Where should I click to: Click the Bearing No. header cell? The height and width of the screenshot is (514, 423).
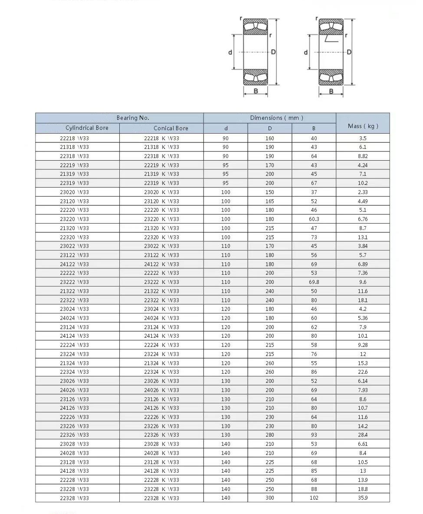point(133,118)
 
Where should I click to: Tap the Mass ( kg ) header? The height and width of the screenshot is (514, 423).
point(363,126)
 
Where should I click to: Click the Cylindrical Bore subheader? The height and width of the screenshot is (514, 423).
point(87,128)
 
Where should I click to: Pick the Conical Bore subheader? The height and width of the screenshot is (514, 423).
point(171,128)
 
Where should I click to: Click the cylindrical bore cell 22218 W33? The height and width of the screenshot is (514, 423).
point(74,138)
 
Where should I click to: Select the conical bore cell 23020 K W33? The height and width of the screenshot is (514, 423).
point(161,192)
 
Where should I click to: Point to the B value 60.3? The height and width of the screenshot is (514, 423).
point(314,219)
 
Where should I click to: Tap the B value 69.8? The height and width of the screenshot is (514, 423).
point(314,282)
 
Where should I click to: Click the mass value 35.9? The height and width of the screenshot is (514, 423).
point(363,498)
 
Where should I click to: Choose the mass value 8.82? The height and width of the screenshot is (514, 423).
point(363,156)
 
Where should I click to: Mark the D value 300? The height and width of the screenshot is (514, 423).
point(270,498)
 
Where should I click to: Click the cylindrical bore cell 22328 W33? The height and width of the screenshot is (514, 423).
point(74,498)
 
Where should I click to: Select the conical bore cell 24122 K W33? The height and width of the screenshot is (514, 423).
point(161,264)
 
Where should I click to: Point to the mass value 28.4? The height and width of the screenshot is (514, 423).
point(363,435)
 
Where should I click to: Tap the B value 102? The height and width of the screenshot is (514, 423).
point(314,498)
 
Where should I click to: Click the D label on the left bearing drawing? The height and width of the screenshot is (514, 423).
point(273,52)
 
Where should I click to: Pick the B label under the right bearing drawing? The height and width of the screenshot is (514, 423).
point(331,91)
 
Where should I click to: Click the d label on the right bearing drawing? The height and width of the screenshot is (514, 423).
point(306,53)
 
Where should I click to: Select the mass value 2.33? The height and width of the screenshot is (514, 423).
point(363,192)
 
